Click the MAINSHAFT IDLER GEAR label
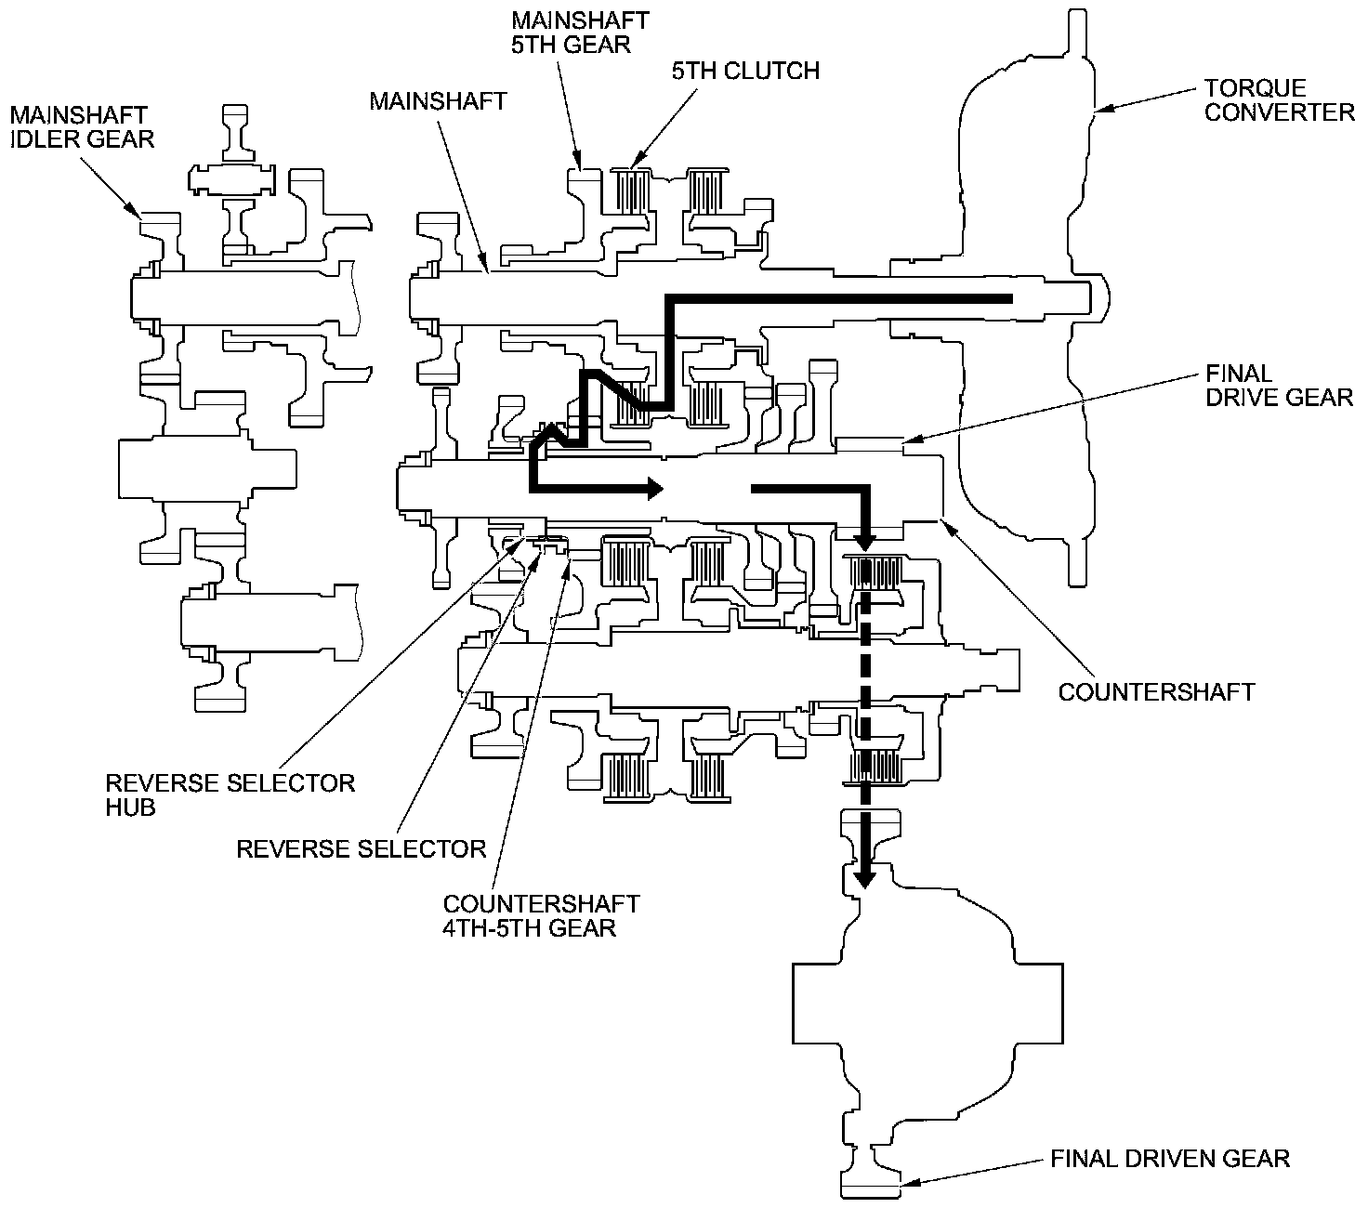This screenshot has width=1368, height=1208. [82, 126]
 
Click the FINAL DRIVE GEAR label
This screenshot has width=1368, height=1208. [1279, 385]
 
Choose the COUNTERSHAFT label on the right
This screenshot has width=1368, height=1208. [1156, 691]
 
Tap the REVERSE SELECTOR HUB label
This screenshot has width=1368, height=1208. [230, 794]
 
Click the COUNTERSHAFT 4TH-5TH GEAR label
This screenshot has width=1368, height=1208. [541, 915]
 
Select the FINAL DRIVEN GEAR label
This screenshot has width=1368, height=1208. [1170, 1158]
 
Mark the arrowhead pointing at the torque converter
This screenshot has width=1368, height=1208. [1101, 111]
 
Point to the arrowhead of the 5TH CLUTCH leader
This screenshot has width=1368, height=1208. [636, 164]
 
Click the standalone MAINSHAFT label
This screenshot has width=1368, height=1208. [438, 100]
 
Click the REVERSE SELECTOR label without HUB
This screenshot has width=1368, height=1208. [361, 847]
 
